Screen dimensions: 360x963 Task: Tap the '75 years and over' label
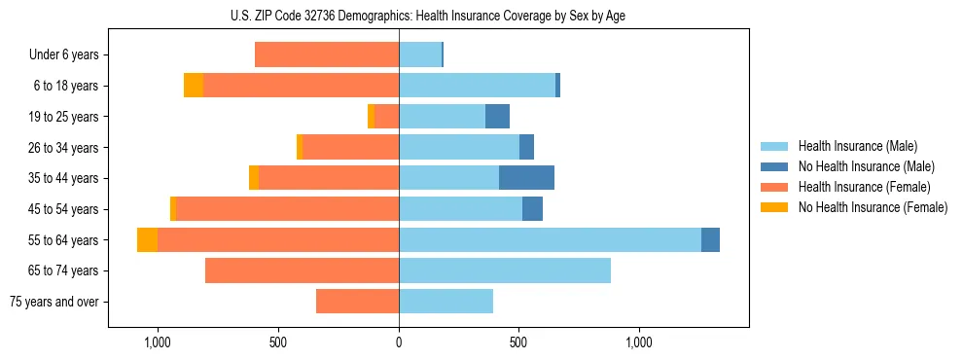[x=54, y=302]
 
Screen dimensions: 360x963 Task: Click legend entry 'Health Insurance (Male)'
[x=857, y=147]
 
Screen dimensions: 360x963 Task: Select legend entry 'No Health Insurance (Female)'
[x=873, y=207]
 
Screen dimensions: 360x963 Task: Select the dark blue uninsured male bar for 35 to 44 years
[x=526, y=178]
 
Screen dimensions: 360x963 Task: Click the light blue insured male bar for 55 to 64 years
[x=550, y=239]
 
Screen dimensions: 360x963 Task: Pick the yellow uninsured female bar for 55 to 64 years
[x=147, y=239]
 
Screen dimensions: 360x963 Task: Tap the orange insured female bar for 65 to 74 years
[x=302, y=270]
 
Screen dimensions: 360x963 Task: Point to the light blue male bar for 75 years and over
[x=446, y=302]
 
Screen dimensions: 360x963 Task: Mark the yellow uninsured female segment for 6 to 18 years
[x=194, y=86]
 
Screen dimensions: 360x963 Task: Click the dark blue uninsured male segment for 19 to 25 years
[x=497, y=117]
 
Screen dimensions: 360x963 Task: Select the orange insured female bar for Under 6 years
[x=327, y=55]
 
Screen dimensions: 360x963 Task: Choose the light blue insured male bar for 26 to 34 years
[x=458, y=147]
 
